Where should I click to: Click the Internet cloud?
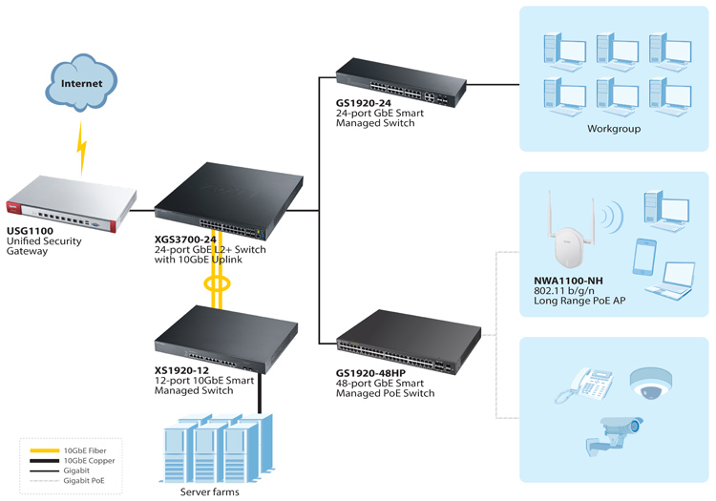coord(81,83)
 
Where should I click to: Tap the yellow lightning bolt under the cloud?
coord(82,148)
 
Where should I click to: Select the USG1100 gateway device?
coord(72,203)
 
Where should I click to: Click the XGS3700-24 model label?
coord(185,240)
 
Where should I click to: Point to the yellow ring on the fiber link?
coord(217,283)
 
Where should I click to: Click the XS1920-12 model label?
coord(181,370)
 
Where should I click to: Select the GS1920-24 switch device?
coord(401,83)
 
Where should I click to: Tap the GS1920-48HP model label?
coord(370,373)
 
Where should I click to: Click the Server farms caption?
coord(210,491)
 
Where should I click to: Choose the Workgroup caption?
coord(614,129)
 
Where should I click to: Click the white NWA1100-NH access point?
coord(571,233)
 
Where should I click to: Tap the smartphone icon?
coord(644,257)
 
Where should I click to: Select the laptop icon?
coord(670,281)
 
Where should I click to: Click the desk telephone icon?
coord(584,386)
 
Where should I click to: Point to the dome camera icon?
coord(651,384)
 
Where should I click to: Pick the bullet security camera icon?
coord(614,436)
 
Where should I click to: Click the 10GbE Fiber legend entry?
coord(68,450)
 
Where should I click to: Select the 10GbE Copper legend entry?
coord(73,461)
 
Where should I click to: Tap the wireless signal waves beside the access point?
coord(612,216)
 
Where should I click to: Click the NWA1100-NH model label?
coord(568,281)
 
